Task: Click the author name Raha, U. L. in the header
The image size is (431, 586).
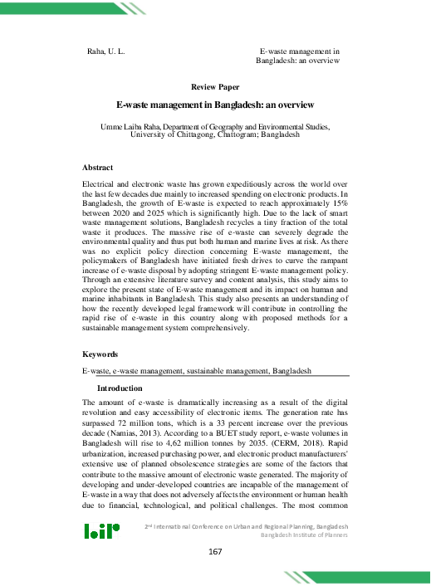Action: pos(105,51)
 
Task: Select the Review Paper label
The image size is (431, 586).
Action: pos(215,86)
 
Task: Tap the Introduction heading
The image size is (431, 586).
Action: pos(120,388)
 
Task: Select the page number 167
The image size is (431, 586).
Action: pos(215,553)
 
